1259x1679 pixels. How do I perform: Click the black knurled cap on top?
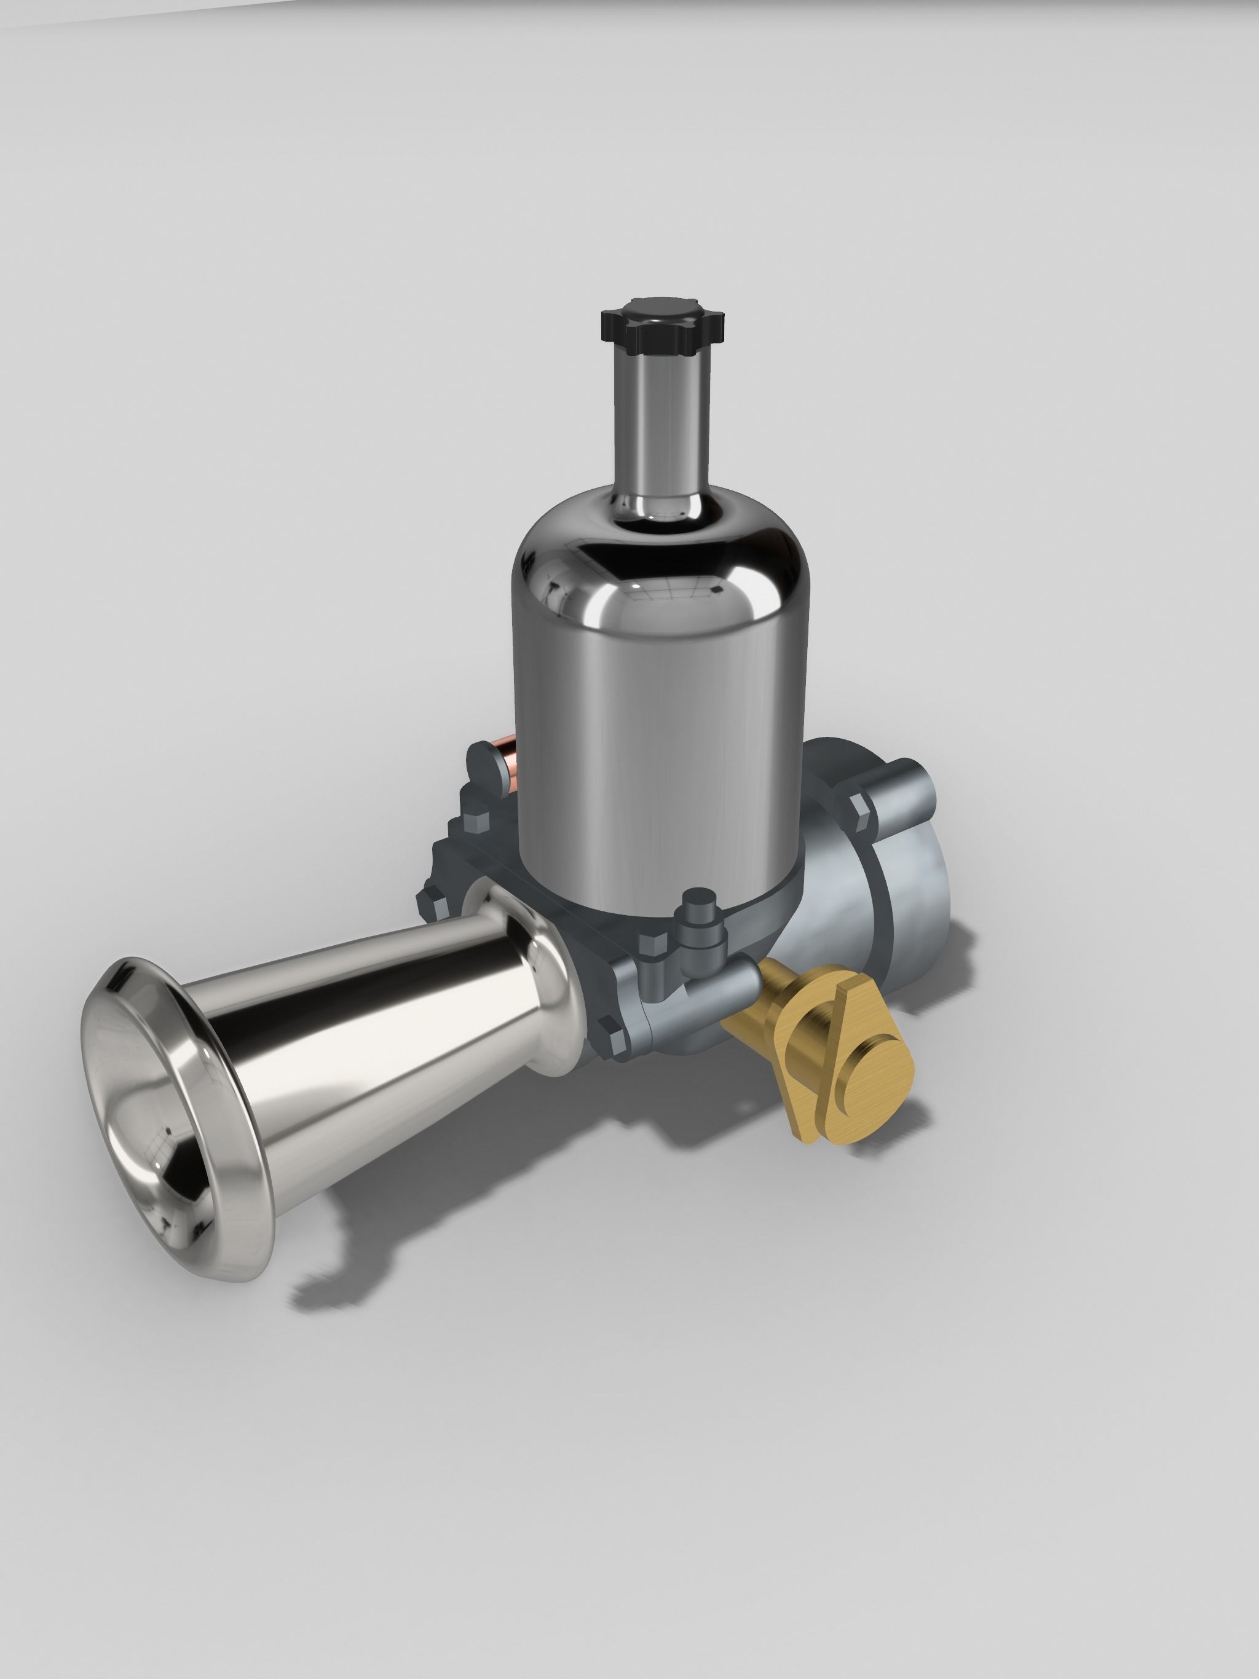(x=662, y=323)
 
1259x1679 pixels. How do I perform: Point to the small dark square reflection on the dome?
(x=717, y=589)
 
